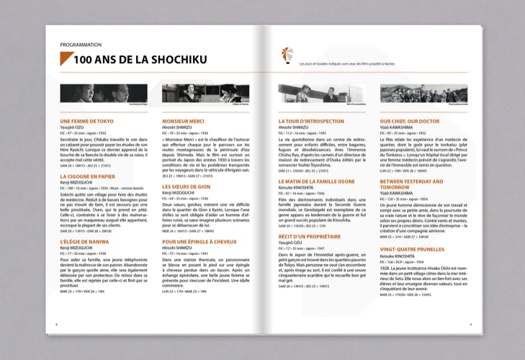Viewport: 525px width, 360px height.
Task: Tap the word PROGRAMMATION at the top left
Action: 81,45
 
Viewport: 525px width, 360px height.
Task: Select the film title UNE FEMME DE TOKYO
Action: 87,121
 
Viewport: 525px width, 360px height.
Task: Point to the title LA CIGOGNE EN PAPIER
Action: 88,176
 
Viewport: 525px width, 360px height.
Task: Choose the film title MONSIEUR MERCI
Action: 184,121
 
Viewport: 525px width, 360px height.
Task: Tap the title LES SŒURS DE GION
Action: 186,186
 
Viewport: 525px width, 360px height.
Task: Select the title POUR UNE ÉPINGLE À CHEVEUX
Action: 200,241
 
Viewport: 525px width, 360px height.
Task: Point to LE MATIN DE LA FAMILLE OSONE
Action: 317,181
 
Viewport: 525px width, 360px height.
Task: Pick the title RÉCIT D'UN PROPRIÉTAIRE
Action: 310,236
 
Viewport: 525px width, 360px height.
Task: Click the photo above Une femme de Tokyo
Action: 106,93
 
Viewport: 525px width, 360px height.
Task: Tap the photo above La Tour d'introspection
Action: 322,93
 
